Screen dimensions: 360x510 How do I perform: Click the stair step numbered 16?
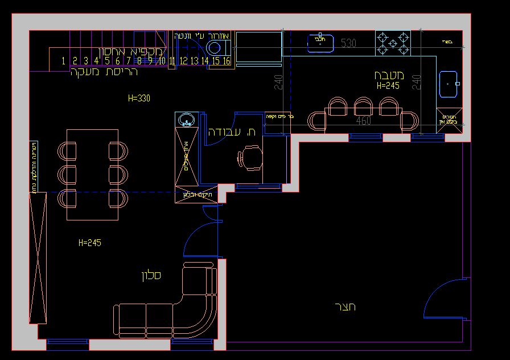tap(226, 61)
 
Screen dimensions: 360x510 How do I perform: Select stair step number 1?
tap(64, 61)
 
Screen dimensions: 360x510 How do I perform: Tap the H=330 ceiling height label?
tap(139, 98)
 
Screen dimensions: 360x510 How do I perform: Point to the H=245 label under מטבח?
tap(388, 85)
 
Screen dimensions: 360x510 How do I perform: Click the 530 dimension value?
tap(348, 43)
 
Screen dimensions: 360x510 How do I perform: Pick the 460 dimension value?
tap(363, 121)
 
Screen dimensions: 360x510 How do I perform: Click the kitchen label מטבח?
tap(389, 75)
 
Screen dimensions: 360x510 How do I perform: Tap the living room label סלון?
tap(151, 276)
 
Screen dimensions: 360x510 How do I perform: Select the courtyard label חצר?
tap(346, 307)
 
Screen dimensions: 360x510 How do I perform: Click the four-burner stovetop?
tap(393, 43)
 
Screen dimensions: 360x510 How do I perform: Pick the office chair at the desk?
tap(251, 157)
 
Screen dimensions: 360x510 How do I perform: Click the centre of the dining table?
tap(92, 174)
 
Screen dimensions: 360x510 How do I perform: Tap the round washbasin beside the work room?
tap(186, 120)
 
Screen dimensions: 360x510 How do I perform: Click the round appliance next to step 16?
tap(215, 47)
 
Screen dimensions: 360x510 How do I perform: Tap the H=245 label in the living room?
tap(90, 243)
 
